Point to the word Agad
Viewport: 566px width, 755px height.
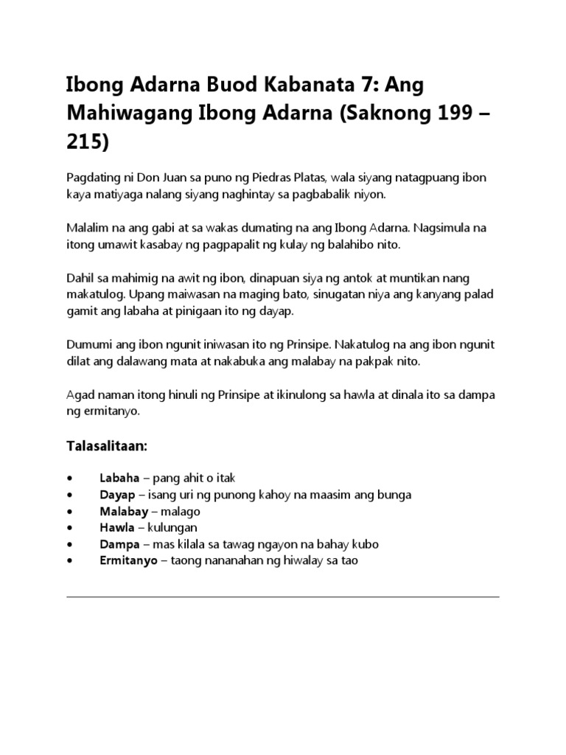pos(80,396)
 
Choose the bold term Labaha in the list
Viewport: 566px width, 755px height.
pos(119,479)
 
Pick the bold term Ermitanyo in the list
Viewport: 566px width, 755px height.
pos(128,560)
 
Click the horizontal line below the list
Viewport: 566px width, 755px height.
pos(283,596)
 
